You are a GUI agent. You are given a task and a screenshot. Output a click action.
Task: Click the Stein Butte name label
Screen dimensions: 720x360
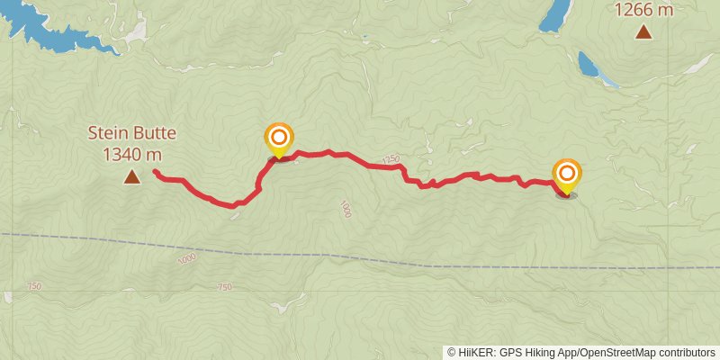coord(131,133)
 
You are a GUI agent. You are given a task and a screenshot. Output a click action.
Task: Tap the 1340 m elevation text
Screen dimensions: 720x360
coord(131,154)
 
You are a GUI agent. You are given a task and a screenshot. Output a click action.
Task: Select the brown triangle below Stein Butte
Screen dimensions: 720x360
coord(131,177)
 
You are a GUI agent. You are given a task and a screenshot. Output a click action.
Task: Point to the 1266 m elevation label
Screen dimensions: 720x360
coord(643,10)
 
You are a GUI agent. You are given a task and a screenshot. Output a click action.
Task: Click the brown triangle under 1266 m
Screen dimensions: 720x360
coord(643,33)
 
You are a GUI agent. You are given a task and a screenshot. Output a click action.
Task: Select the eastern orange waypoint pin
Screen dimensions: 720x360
coord(567,175)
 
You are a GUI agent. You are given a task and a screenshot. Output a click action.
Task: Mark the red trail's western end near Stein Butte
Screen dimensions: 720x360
coord(155,171)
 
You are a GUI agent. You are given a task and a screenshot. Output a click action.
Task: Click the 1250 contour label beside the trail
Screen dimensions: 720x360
coord(390,159)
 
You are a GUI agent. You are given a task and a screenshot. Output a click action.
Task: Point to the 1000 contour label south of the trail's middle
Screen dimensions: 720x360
coord(345,209)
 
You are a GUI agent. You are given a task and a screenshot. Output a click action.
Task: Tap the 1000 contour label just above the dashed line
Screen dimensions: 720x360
coord(186,258)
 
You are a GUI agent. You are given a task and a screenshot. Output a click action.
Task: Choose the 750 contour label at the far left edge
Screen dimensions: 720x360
coord(33,286)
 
